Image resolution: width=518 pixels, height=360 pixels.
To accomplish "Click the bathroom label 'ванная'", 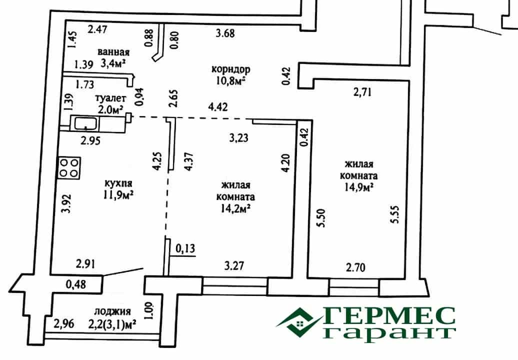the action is click(x=113, y=52).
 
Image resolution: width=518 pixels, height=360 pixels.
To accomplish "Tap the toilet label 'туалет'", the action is click(x=110, y=98).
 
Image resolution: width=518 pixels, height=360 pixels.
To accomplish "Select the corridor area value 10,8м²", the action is click(x=231, y=80).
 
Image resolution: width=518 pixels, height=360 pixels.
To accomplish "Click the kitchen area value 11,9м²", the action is click(x=118, y=195).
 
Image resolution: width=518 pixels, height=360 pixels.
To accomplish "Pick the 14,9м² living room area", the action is click(x=359, y=187).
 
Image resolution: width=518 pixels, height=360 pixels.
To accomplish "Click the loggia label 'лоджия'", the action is click(x=112, y=311).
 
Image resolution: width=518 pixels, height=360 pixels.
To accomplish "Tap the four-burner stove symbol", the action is click(x=69, y=168).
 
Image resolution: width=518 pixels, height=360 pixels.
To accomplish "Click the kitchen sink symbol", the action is click(x=85, y=123).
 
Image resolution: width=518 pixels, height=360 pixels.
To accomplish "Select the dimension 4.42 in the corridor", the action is click(x=217, y=106).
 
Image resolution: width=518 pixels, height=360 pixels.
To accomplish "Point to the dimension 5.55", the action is click(x=395, y=214).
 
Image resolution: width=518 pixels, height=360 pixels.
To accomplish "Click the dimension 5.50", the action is click(x=321, y=217).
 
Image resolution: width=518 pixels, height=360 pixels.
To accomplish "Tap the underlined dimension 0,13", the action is click(x=185, y=248).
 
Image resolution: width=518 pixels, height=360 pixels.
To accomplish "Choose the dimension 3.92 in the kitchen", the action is click(x=67, y=203).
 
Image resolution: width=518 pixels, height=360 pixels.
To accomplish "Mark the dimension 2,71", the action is click(x=362, y=92).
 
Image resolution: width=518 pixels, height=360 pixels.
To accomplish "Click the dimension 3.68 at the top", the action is click(x=225, y=33).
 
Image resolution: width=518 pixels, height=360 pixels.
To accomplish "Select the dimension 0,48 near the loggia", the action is click(x=76, y=284).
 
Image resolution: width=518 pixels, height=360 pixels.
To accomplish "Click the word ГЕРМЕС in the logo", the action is click(x=388, y=316).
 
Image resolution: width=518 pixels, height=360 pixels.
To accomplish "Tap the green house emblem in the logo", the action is click(x=299, y=320).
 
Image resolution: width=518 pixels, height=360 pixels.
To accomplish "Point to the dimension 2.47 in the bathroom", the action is click(x=97, y=29).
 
